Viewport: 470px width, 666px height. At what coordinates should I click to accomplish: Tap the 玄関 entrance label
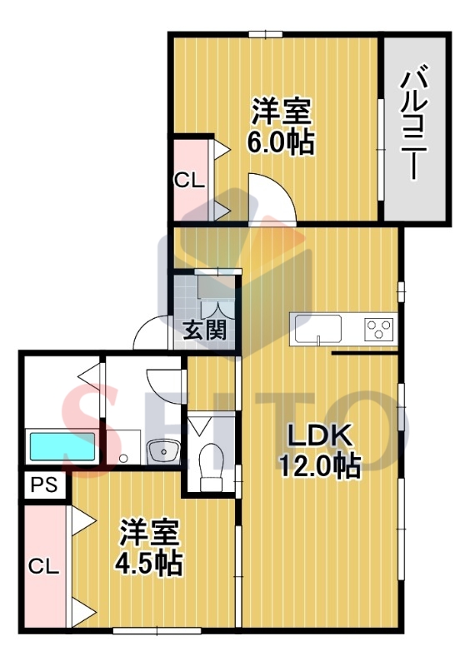pyautogui.click(x=204, y=331)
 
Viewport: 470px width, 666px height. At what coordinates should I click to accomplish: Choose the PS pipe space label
pyautogui.click(x=44, y=485)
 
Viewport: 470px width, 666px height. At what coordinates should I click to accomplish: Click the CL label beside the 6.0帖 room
pyautogui.click(x=189, y=181)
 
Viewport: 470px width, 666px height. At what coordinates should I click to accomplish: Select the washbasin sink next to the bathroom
pyautogui.click(x=162, y=452)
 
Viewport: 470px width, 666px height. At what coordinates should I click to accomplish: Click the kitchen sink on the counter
pyautogui.click(x=316, y=328)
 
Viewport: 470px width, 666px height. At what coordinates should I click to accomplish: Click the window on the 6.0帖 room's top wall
pyautogui.click(x=264, y=34)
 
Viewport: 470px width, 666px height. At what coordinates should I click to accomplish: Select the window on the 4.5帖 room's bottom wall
pyautogui.click(x=146, y=630)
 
